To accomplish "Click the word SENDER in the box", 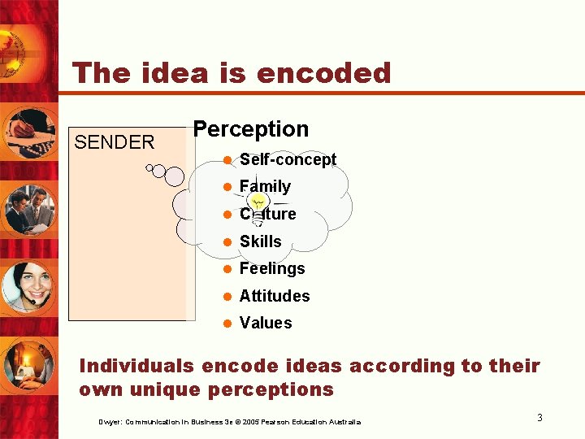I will [114, 142].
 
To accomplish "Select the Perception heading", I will [250, 129].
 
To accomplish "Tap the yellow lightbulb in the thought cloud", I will [258, 206].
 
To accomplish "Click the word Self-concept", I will [288, 159].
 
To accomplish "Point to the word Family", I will [265, 186].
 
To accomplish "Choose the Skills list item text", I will [260, 241].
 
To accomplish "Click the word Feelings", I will [272, 268].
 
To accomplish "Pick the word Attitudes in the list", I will [275, 296].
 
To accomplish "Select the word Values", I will [266, 323].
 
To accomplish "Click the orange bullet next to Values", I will [228, 324].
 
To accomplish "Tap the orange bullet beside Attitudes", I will [228, 297].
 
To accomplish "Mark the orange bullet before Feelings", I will [228, 269].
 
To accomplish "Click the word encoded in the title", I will [323, 73].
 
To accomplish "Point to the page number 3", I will [539, 418].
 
